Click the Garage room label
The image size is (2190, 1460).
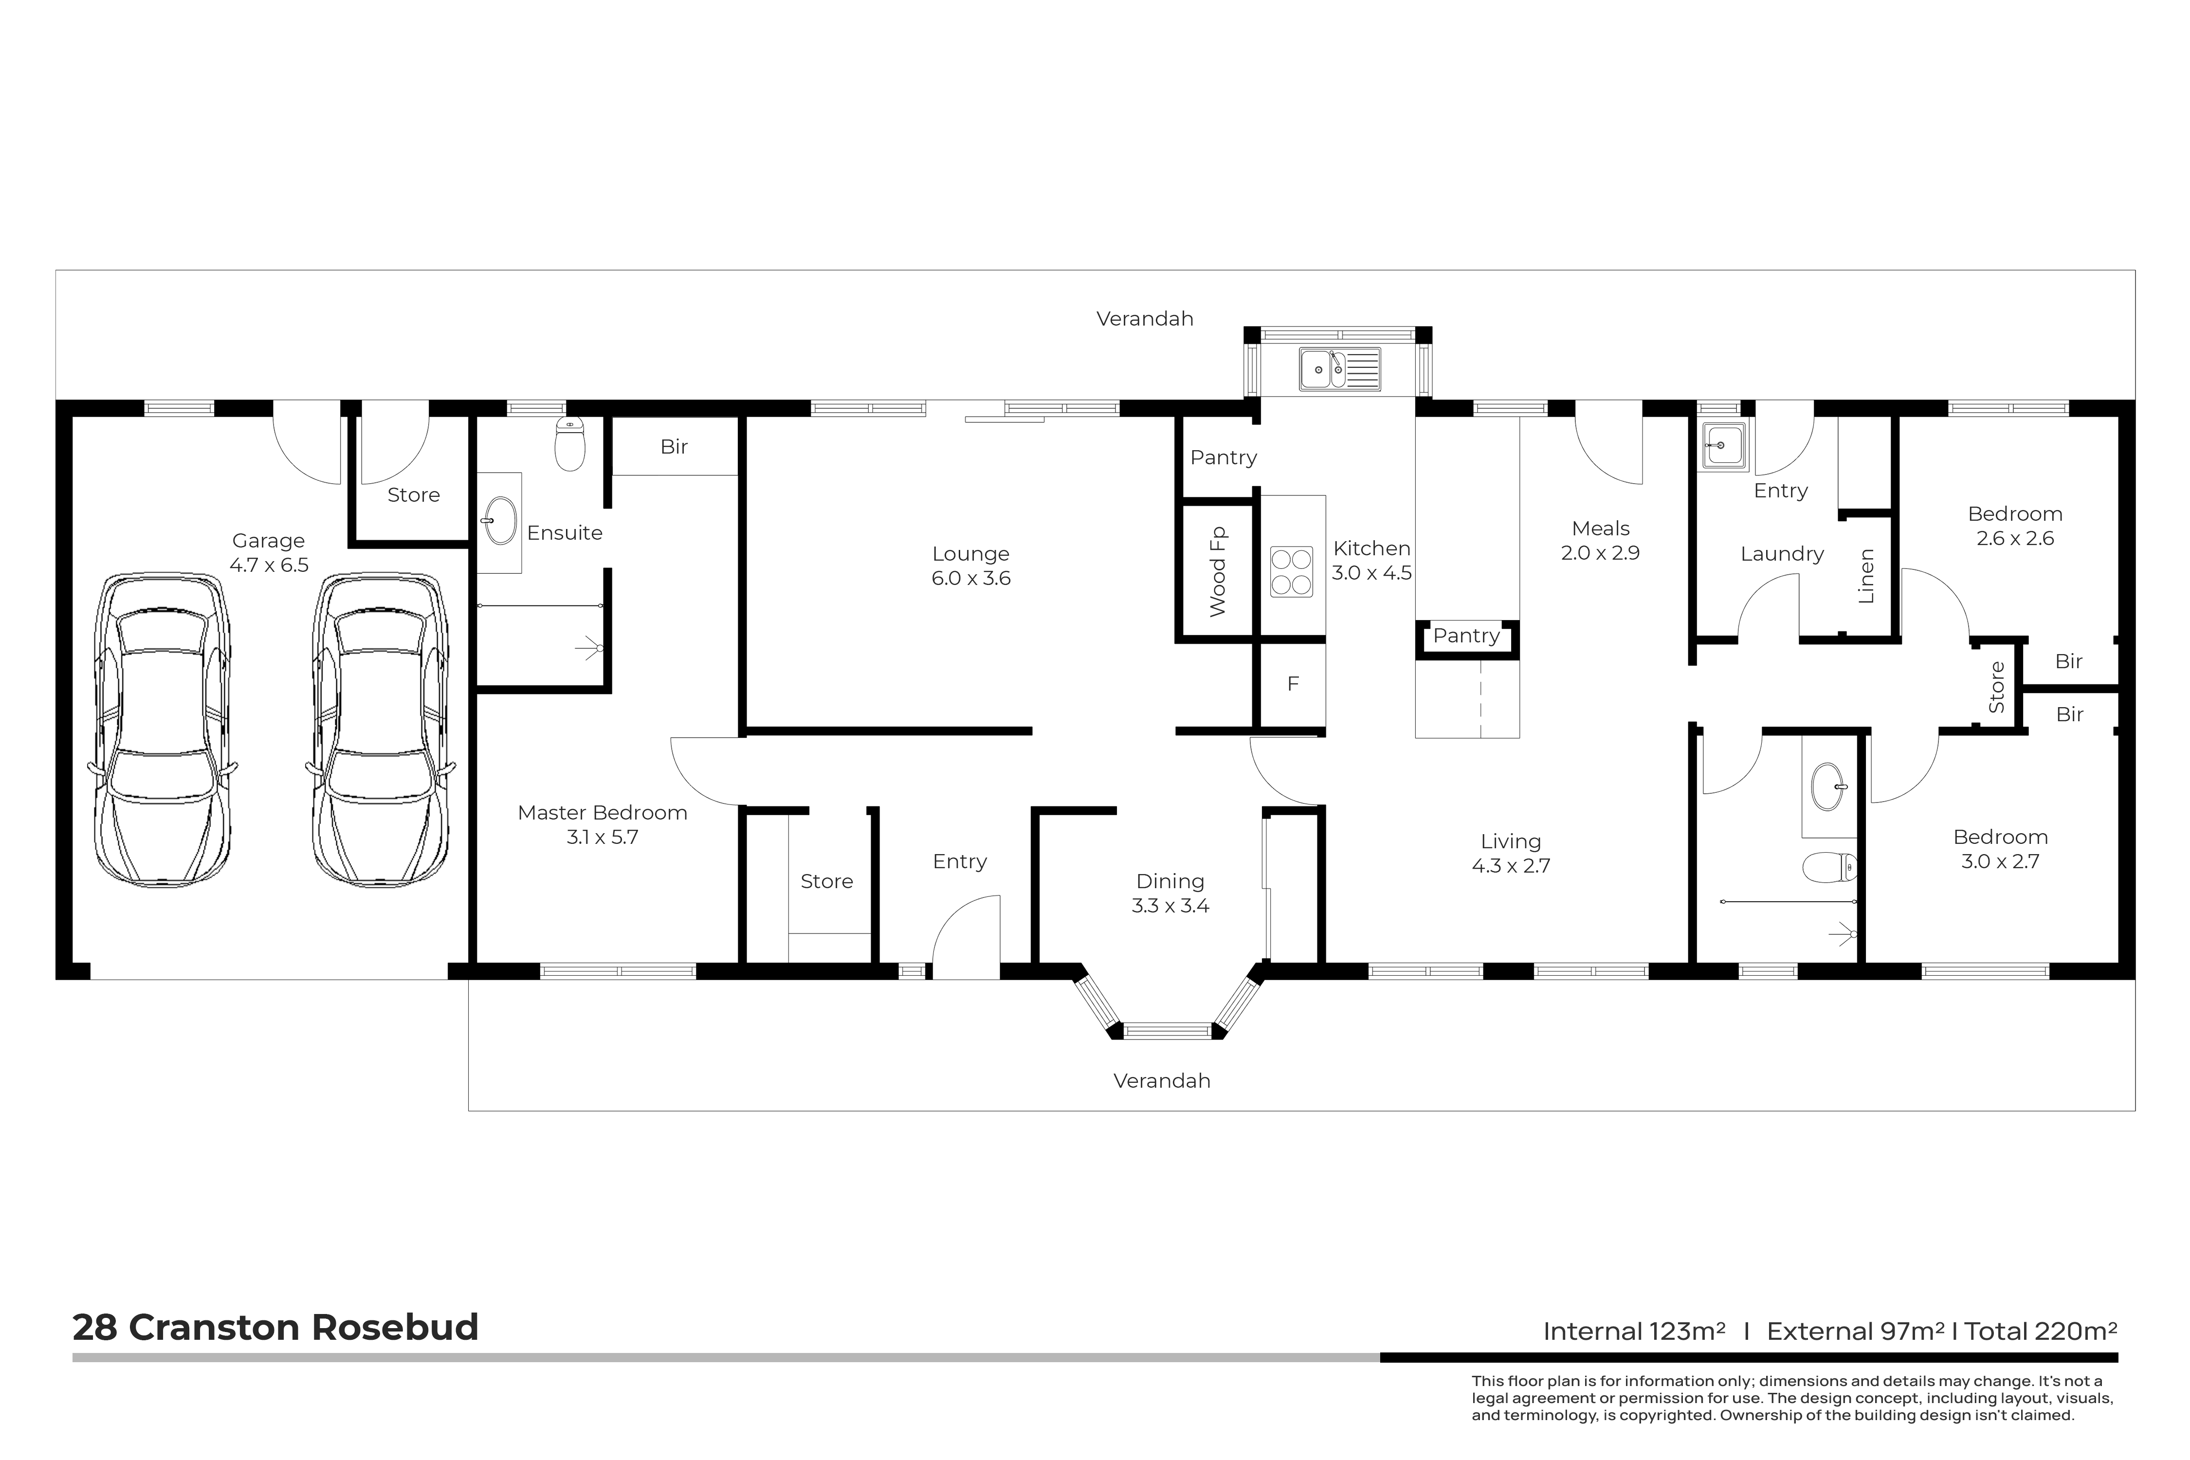click(268, 541)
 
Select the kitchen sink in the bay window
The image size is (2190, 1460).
click(1340, 369)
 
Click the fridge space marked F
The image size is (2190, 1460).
click(1293, 683)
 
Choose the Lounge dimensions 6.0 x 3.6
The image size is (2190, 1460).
click(971, 578)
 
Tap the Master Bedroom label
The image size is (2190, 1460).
click(602, 813)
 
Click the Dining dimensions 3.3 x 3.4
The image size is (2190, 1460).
click(1170, 906)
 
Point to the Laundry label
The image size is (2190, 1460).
click(1782, 554)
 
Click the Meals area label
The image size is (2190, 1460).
click(1601, 529)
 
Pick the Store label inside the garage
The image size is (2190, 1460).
click(413, 495)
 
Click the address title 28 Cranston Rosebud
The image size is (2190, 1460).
click(275, 1327)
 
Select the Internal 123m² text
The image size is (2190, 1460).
click(1634, 1332)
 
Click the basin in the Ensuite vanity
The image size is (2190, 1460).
click(501, 521)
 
